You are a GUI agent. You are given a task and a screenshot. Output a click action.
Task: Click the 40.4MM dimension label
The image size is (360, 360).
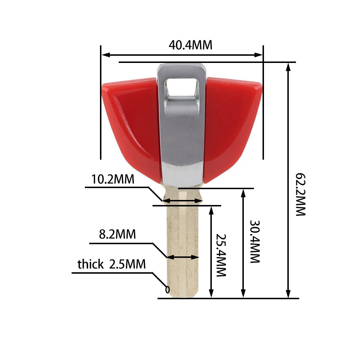pos(190,45)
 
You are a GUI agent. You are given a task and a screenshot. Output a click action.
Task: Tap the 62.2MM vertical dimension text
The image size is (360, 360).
pos(301,195)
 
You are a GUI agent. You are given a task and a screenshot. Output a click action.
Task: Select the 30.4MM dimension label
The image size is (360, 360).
pos(255,242)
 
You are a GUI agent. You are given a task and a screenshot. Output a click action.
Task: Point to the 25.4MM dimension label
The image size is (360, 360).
pos(221,255)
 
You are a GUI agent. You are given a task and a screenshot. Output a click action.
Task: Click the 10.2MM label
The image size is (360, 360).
pos(113,179)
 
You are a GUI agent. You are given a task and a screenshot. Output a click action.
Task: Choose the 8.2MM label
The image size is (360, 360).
pos(117,234)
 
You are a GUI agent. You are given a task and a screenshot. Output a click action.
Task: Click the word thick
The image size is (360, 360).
pos(91,264)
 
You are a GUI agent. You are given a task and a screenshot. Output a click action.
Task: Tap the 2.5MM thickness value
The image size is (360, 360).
pos(127,264)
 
